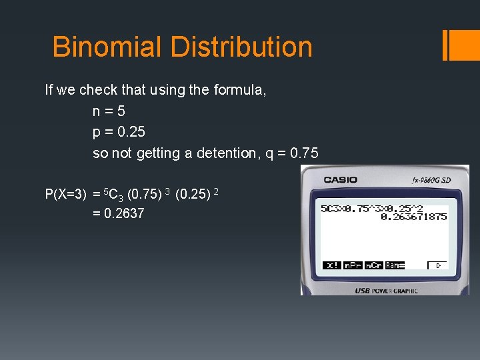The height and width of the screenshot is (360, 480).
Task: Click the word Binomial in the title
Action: [x=107, y=47]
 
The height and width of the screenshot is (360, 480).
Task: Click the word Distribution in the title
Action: [x=241, y=47]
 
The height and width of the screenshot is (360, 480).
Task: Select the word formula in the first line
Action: [x=240, y=89]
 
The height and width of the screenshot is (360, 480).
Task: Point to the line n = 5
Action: [x=109, y=111]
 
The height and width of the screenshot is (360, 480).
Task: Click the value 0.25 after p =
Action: [x=131, y=132]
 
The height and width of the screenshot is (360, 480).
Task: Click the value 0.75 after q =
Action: [x=302, y=153]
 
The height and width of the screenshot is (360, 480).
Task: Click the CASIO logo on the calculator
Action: [x=340, y=180]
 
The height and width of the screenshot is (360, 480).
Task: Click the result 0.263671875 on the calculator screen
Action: [x=413, y=217]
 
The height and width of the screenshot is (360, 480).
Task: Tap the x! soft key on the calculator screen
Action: [x=331, y=265]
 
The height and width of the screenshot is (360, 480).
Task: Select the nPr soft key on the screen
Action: [x=353, y=265]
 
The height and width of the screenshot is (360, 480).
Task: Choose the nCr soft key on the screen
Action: [x=373, y=265]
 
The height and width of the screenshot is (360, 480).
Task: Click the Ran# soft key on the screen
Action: [x=395, y=265]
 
